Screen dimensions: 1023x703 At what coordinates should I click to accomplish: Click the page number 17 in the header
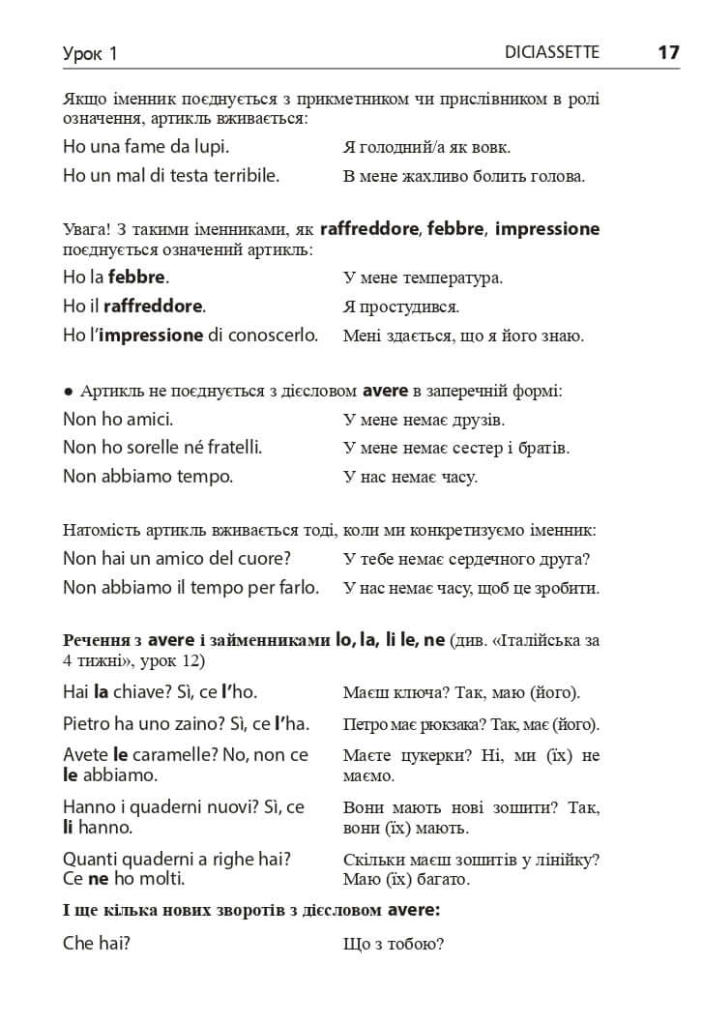(668, 53)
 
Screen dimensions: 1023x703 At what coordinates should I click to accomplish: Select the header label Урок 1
(90, 54)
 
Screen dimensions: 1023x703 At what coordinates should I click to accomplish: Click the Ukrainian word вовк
(490, 148)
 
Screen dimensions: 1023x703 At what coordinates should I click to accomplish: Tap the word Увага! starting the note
(85, 230)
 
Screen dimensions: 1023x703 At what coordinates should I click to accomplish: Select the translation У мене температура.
(423, 278)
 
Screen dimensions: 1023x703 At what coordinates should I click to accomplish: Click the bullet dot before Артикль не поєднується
(68, 392)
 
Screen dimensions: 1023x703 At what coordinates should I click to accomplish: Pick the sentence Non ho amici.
(118, 420)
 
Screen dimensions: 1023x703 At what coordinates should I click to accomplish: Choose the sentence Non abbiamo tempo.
(148, 477)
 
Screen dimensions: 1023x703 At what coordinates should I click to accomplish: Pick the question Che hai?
(97, 943)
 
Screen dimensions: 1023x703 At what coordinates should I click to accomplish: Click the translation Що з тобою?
(394, 944)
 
